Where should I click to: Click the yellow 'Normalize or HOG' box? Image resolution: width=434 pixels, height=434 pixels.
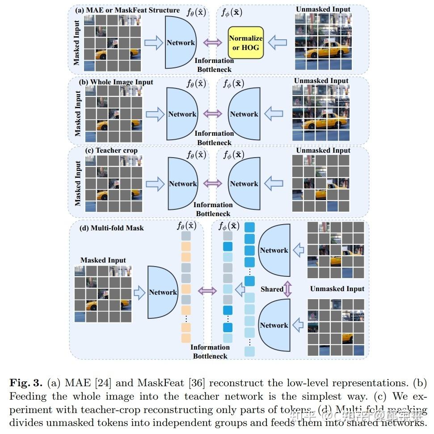(x=245, y=43)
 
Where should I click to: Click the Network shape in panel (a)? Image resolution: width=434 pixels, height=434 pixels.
(x=180, y=43)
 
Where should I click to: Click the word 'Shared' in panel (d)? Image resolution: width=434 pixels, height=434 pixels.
(x=272, y=289)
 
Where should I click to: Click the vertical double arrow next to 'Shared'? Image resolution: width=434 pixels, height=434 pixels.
(x=287, y=289)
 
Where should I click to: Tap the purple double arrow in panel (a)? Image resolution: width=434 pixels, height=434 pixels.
(x=213, y=43)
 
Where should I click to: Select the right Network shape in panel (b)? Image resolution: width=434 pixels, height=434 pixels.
(x=244, y=114)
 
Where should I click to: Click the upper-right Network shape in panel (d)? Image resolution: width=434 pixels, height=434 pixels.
(x=274, y=250)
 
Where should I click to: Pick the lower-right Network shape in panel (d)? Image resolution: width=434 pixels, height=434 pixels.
(x=274, y=325)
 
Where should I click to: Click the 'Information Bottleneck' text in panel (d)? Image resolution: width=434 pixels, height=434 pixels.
(x=210, y=351)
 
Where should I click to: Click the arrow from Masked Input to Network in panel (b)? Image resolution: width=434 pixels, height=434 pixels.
(x=155, y=114)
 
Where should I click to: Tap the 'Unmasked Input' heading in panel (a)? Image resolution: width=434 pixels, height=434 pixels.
(x=323, y=9)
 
